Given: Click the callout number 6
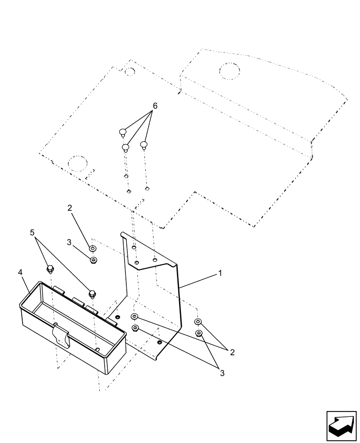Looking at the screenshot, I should tap(155, 106).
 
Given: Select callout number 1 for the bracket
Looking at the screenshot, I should tap(219, 274).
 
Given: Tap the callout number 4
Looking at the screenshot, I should tap(20, 272).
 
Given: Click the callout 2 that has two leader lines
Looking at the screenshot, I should tap(232, 352).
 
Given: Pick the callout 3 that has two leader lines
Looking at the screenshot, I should tap(222, 373).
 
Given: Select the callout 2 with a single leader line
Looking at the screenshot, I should tap(69, 207).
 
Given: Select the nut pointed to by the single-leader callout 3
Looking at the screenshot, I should tap(93, 260).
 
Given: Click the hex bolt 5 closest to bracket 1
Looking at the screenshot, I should tap(92, 293).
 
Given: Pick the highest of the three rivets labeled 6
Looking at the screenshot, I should tap(123, 132).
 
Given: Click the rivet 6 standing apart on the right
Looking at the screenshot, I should tap(144, 144).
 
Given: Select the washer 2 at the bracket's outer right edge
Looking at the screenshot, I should tap(198, 322).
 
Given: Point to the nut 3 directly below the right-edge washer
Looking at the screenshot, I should tap(199, 333).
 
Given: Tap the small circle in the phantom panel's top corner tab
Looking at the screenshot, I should tap(129, 70).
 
